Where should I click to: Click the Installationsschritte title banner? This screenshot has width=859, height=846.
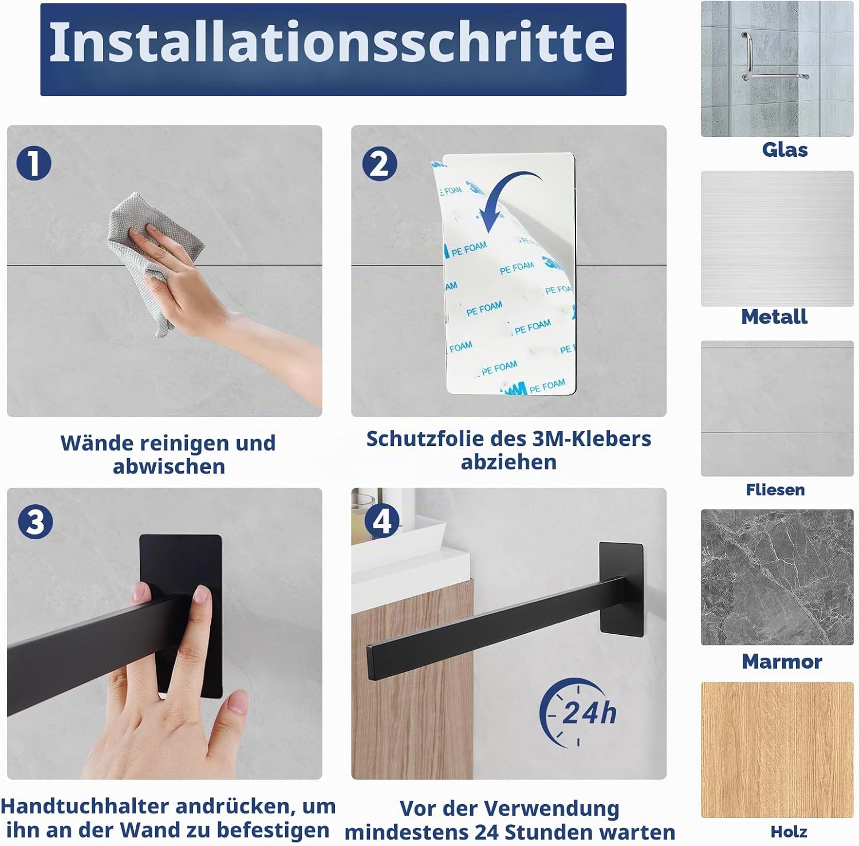click(333, 50)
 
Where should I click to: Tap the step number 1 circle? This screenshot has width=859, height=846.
click(34, 163)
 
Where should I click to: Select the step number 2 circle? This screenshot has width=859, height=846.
click(380, 164)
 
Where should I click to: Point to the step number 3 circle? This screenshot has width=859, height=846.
click(35, 521)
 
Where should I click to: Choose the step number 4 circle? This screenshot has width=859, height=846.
click(382, 521)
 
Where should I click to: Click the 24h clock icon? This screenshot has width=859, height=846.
click(577, 713)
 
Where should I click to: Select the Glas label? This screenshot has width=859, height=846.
click(785, 149)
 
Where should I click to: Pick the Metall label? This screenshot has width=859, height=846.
click(774, 317)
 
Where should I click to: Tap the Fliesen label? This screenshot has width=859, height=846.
click(775, 489)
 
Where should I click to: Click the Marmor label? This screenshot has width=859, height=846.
click(782, 661)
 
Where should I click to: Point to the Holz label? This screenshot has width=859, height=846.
click(789, 832)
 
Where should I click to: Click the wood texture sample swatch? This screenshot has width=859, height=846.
click(777, 750)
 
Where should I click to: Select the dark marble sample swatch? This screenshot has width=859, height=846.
click(777, 577)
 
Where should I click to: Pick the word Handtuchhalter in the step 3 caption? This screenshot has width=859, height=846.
click(85, 806)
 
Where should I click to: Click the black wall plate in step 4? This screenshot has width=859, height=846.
click(621, 589)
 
